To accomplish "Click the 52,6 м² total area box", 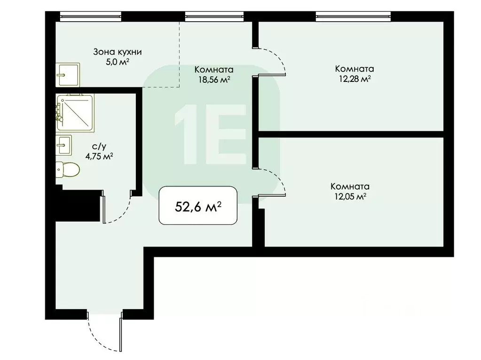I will click(x=198, y=206).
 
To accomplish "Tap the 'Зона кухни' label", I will click(x=118, y=52).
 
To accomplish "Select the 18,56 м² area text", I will click(x=213, y=80).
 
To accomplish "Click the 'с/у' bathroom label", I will click(x=98, y=147).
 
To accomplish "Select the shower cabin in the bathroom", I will click(x=75, y=112).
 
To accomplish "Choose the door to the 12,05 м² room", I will click(x=273, y=181).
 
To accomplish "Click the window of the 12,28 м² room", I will click(x=353, y=17).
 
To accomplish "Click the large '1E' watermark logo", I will click(x=210, y=135).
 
